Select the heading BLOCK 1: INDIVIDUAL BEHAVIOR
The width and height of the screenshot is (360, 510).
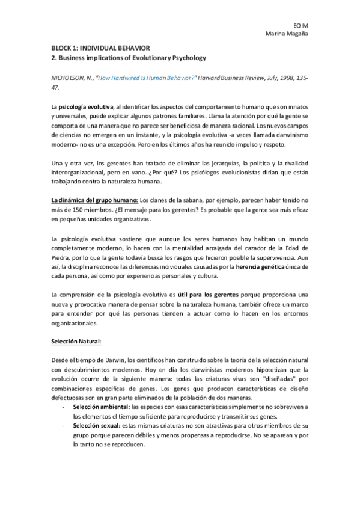point(100,47)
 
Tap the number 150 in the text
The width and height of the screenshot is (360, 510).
point(69,210)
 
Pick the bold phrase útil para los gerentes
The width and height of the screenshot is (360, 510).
point(208,295)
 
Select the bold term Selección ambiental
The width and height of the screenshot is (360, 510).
point(101,407)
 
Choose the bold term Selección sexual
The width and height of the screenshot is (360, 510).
point(96,425)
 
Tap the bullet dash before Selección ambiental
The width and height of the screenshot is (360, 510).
point(64,407)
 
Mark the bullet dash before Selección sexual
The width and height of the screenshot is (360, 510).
point(64,425)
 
